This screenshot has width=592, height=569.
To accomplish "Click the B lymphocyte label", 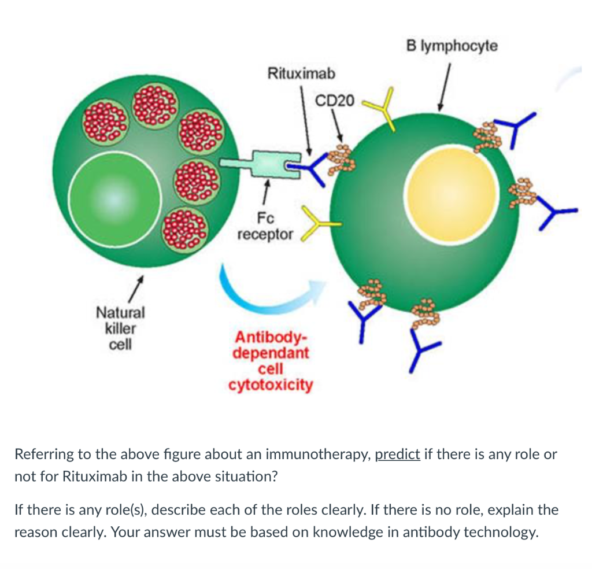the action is click(x=451, y=46).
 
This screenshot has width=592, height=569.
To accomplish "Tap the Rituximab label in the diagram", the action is click(x=301, y=73).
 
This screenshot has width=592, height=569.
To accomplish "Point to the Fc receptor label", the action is click(x=265, y=227).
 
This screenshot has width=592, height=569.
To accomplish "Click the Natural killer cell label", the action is click(x=120, y=328).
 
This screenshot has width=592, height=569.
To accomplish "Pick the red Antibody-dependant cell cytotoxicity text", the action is click(x=271, y=361).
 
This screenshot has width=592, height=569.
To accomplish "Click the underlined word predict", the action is click(x=397, y=454).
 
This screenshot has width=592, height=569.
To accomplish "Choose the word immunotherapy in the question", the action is click(x=325, y=454).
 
